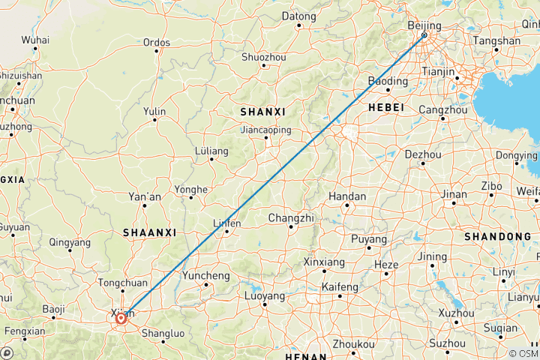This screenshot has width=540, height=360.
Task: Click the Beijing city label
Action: [x=424, y=25]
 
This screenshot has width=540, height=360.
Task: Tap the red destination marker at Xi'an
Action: [x=121, y=319]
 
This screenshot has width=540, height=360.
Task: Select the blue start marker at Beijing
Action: [x=424, y=35]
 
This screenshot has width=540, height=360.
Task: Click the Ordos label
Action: [x=156, y=42]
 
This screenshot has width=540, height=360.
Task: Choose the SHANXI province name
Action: [x=262, y=111]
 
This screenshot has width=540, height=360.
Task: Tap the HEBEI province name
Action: [x=386, y=108]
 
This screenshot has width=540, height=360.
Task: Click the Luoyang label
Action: [x=265, y=296]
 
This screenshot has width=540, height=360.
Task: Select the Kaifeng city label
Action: [x=340, y=286]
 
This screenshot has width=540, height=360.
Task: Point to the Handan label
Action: [x=347, y=196]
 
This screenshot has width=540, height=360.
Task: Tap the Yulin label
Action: [x=154, y=111]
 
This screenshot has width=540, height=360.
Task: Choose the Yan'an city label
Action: [x=145, y=196]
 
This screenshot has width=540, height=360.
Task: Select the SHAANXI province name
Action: [x=151, y=232]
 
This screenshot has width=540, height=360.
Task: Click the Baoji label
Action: [x=53, y=308]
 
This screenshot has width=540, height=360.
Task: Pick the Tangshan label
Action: [x=498, y=41]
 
